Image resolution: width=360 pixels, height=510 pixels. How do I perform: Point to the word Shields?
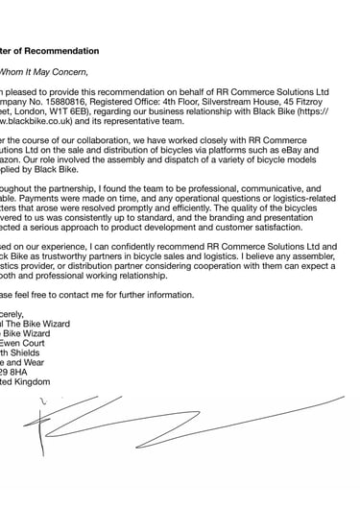click(36, 358)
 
